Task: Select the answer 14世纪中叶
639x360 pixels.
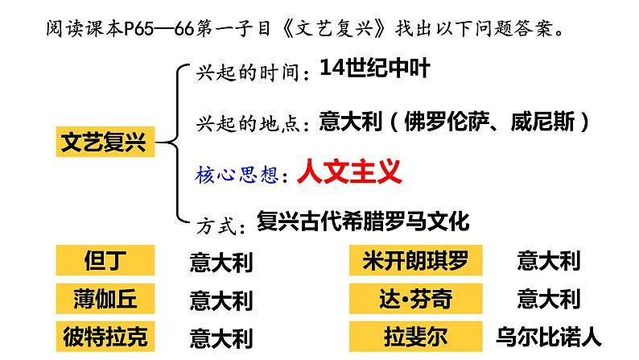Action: coord(373,68)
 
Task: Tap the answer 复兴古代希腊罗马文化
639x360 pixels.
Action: coord(361,221)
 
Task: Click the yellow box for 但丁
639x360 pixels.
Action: coord(104,260)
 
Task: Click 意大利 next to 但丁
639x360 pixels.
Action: coord(221,262)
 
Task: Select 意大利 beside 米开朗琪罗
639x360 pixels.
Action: coord(547,261)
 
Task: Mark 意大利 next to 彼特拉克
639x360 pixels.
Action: coord(221,337)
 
